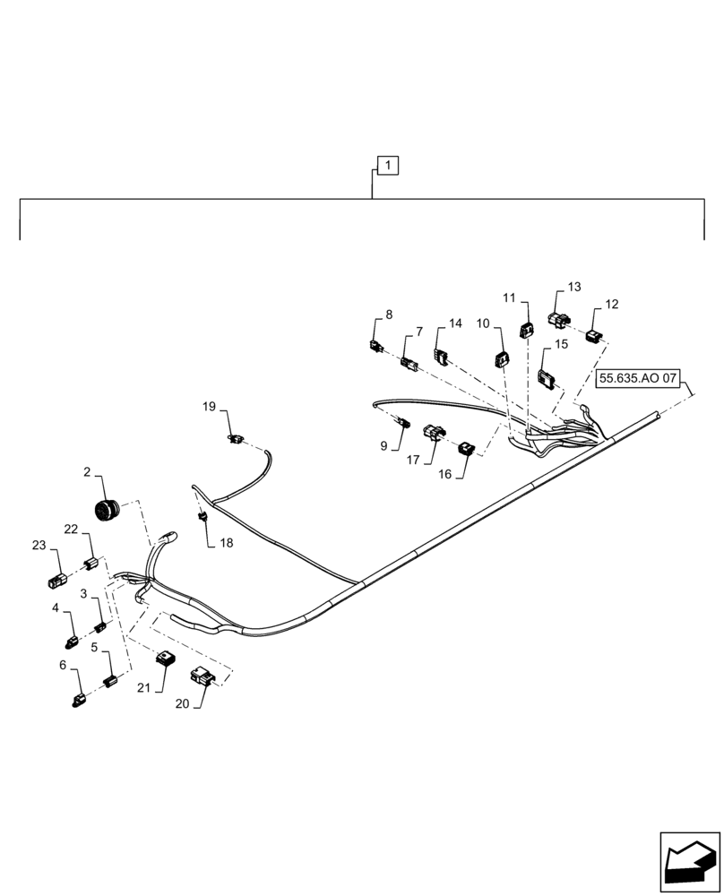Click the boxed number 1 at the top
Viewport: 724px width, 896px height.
tap(387, 166)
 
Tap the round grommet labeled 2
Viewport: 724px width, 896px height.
tap(108, 510)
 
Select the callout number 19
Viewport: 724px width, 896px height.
tap(209, 407)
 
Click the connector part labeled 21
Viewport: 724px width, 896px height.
tap(165, 660)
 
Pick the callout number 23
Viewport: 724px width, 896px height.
tap(39, 545)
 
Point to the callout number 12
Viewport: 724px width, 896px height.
tap(612, 305)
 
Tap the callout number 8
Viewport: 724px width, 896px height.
tap(389, 314)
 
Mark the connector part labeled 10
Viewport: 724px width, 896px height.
tap(501, 360)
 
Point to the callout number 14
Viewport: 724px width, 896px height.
tap(455, 323)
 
